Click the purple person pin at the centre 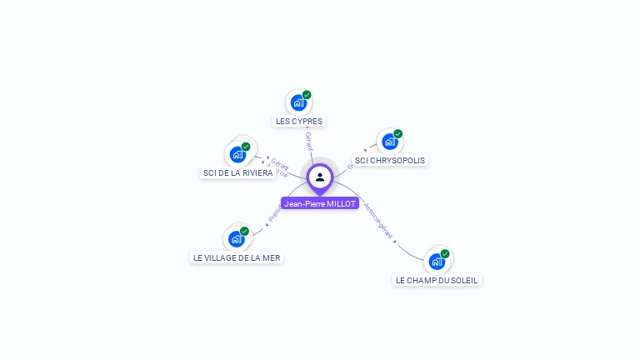click(320, 177)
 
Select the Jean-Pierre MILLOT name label click(320, 203)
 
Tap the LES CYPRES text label click(298, 121)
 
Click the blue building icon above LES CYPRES click(297, 103)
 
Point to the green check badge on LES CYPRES click(307, 95)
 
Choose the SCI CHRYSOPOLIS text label click(390, 160)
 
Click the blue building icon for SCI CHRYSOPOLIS click(389, 142)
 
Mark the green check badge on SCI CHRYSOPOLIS click(398, 133)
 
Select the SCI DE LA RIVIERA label click(237, 173)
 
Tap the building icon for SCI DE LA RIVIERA click(237, 154)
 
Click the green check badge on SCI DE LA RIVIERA click(246, 146)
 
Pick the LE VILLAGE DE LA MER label click(237, 257)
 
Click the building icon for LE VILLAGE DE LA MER click(236, 239)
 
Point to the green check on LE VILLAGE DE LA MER click(244, 231)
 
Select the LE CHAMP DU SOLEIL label click(437, 281)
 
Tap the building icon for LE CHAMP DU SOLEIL click(436, 262)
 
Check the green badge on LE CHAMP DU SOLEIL click(445, 253)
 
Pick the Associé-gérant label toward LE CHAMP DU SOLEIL click(379, 222)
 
